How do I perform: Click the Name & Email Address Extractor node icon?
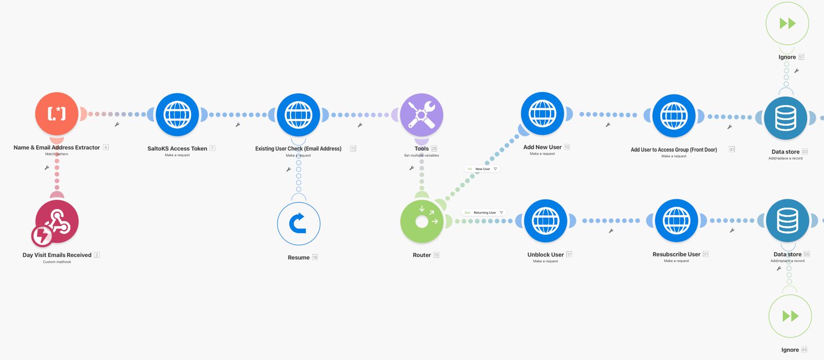click(57, 114)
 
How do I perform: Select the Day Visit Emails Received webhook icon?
click(57, 222)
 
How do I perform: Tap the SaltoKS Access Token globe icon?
click(177, 115)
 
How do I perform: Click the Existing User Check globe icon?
click(298, 115)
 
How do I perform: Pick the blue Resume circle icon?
click(299, 224)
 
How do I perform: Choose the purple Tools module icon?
click(421, 115)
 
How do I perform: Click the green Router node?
click(422, 221)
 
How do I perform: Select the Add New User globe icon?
click(542, 114)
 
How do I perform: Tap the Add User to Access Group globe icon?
click(674, 116)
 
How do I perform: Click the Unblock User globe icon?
click(545, 221)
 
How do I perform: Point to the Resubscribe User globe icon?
click(676, 221)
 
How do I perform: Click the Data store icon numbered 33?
click(785, 118)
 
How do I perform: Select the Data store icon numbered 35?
click(787, 220)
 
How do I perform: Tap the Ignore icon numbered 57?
click(787, 24)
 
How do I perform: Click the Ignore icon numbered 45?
click(790, 316)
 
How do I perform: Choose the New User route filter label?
click(483, 169)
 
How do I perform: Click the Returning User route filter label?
click(484, 213)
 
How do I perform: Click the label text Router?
click(422, 255)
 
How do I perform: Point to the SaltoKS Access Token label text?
click(177, 149)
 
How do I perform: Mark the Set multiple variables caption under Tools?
click(421, 156)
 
